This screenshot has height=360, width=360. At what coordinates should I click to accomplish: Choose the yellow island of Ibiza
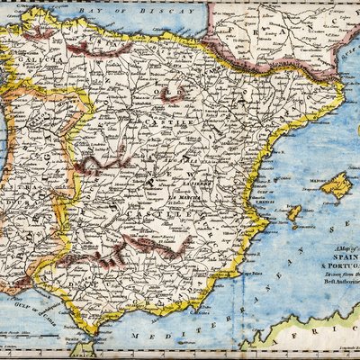click(293, 213)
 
